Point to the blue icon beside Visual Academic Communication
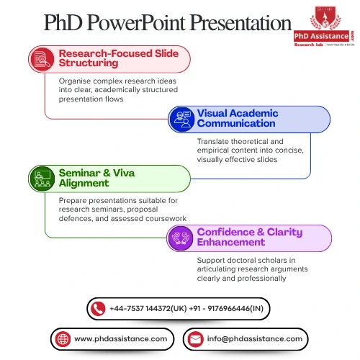pos(181,119)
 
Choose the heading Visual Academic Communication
pos(238,119)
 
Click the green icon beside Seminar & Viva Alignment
pos(42,179)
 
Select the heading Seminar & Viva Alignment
pos(96,179)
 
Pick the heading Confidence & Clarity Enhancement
pos(249,238)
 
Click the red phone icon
pos(99,308)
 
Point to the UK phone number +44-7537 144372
pos(148,308)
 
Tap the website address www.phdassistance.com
pos(120,338)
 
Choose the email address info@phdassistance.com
pos(254,338)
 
